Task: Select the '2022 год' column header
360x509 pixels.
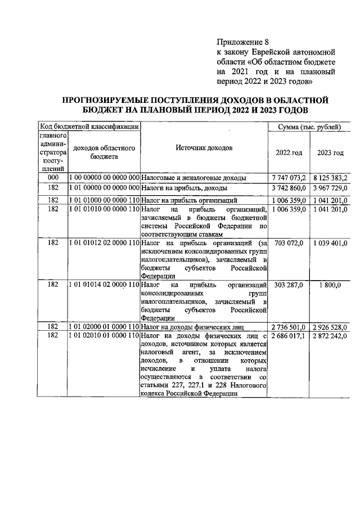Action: [x=289, y=152]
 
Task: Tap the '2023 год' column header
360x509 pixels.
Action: [x=330, y=152]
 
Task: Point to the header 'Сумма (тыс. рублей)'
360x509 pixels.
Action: [x=310, y=127]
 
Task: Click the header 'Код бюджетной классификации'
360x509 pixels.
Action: [x=88, y=127]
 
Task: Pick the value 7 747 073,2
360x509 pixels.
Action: [x=289, y=178]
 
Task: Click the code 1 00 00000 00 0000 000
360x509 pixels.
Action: [x=103, y=178]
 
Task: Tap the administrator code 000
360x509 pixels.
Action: [x=53, y=178]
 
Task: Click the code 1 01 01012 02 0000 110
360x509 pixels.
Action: [x=103, y=242]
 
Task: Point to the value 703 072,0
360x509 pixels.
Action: [x=289, y=242]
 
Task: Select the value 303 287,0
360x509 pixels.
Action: [x=289, y=286]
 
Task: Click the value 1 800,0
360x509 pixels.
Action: [x=330, y=286]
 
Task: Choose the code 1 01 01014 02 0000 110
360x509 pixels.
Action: [x=103, y=286]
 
